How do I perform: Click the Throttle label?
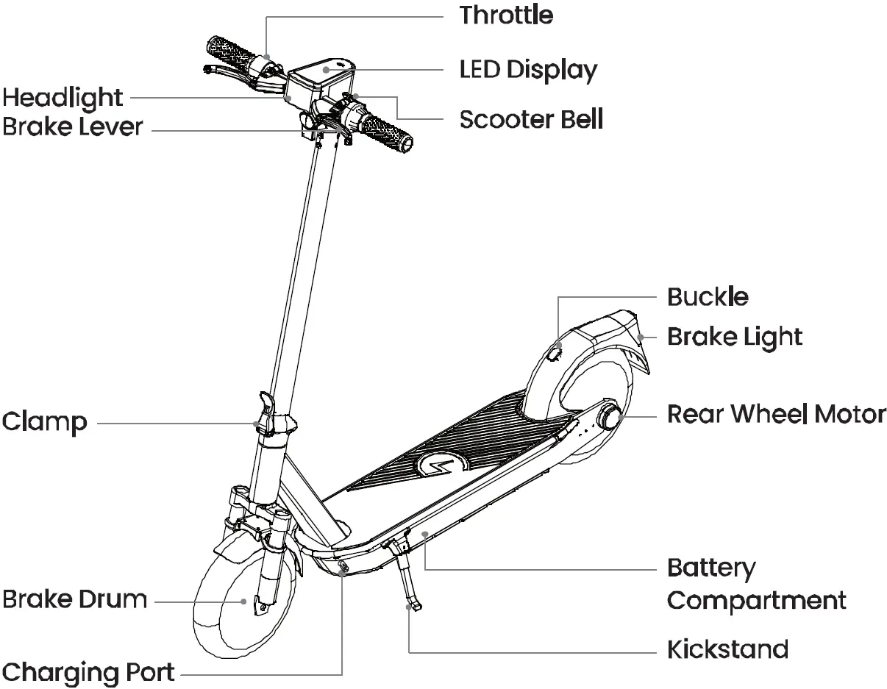506,15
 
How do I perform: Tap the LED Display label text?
528,71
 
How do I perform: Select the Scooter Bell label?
531,119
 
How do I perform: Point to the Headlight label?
63,97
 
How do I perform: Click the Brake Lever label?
72,127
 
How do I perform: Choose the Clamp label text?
44,423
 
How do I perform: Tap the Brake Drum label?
74,599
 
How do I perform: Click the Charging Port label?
88,672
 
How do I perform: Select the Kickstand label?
727,649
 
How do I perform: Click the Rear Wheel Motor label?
776,414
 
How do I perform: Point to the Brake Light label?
734,337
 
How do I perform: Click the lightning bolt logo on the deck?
443,465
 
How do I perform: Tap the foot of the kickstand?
414,607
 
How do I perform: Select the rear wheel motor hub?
610,417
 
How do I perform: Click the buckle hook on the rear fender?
555,354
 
